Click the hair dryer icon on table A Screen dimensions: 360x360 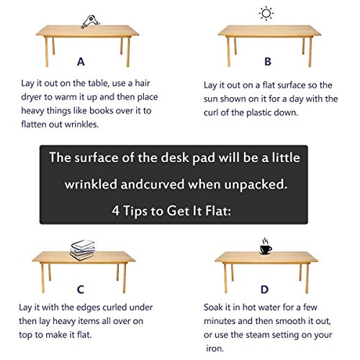[90, 22]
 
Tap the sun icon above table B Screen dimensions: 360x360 [266, 13]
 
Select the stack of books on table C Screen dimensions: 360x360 [83, 250]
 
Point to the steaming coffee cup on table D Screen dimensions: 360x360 [266, 246]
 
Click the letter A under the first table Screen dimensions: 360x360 [81, 62]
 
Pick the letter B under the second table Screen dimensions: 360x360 [268, 62]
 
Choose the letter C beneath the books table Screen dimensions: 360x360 [81, 289]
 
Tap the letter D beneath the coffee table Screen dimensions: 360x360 [264, 289]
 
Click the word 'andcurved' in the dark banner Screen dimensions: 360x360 [153, 184]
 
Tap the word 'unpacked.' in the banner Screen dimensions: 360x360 [256, 185]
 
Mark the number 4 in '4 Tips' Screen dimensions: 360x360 [116, 211]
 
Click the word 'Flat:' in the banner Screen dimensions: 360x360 [218, 210]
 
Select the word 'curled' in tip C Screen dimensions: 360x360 [112, 307]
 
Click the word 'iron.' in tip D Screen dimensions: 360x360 [215, 348]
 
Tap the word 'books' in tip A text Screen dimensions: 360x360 [101, 111]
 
